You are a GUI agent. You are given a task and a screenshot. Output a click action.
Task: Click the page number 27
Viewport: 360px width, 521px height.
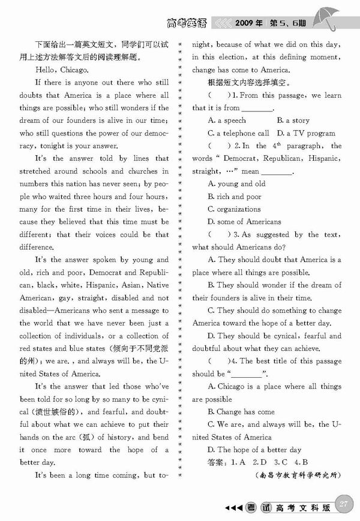343,503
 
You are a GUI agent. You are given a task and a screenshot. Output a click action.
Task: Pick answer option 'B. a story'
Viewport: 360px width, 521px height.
293,121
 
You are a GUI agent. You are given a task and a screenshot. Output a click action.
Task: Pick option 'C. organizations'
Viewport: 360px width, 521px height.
234,209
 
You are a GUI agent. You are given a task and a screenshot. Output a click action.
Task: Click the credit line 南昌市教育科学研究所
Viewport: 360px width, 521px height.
298,475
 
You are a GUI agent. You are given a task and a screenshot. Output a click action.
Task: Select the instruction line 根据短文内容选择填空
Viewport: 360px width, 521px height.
248,82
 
